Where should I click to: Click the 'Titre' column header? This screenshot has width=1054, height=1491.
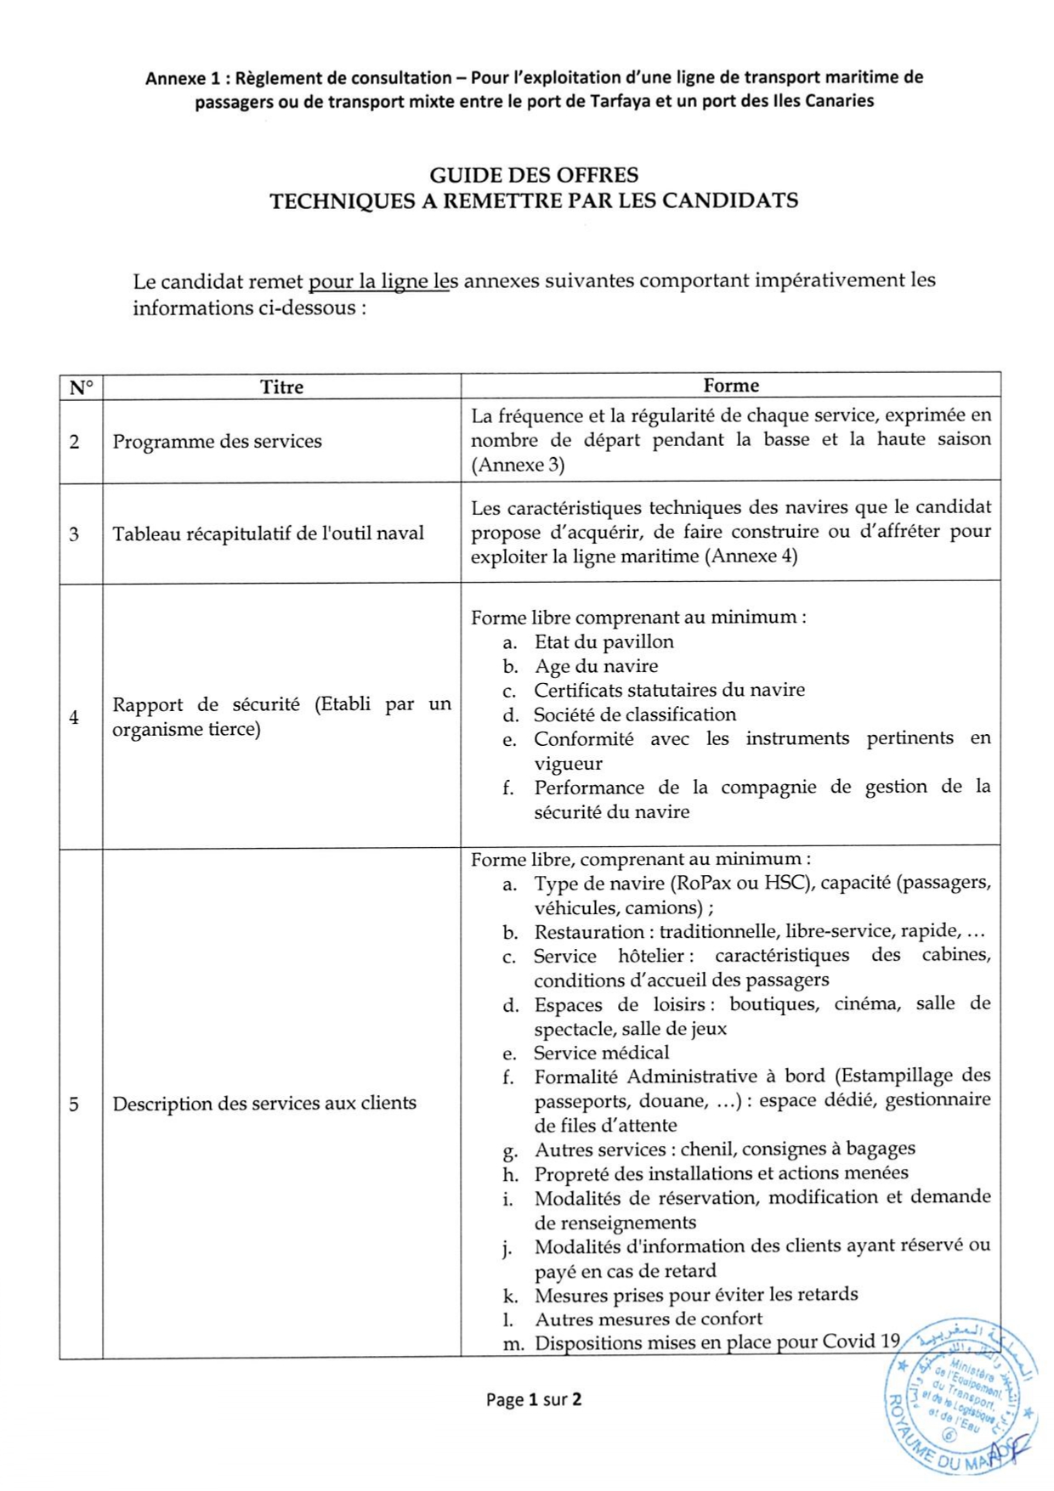[281, 387]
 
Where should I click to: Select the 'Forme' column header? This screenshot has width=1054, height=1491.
[730, 386]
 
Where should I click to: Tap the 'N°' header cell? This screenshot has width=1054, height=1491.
[81, 388]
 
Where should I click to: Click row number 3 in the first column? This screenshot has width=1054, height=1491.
[75, 534]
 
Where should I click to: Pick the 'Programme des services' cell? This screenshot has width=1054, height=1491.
[217, 442]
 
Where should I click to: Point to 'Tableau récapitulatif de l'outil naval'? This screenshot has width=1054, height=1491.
[268, 534]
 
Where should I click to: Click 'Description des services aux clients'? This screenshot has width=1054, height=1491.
[264, 1104]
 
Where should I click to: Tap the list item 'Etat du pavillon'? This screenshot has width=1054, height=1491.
[603, 642]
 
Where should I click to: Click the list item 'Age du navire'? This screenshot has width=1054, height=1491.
[596, 666]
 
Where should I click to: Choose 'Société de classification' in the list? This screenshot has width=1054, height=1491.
[634, 714]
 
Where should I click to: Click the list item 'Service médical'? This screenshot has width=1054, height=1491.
[601, 1053]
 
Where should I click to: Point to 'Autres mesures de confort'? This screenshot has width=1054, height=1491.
[648, 1319]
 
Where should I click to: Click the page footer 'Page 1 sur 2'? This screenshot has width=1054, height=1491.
[534, 1399]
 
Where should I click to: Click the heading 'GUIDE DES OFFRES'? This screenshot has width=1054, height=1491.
[534, 176]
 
